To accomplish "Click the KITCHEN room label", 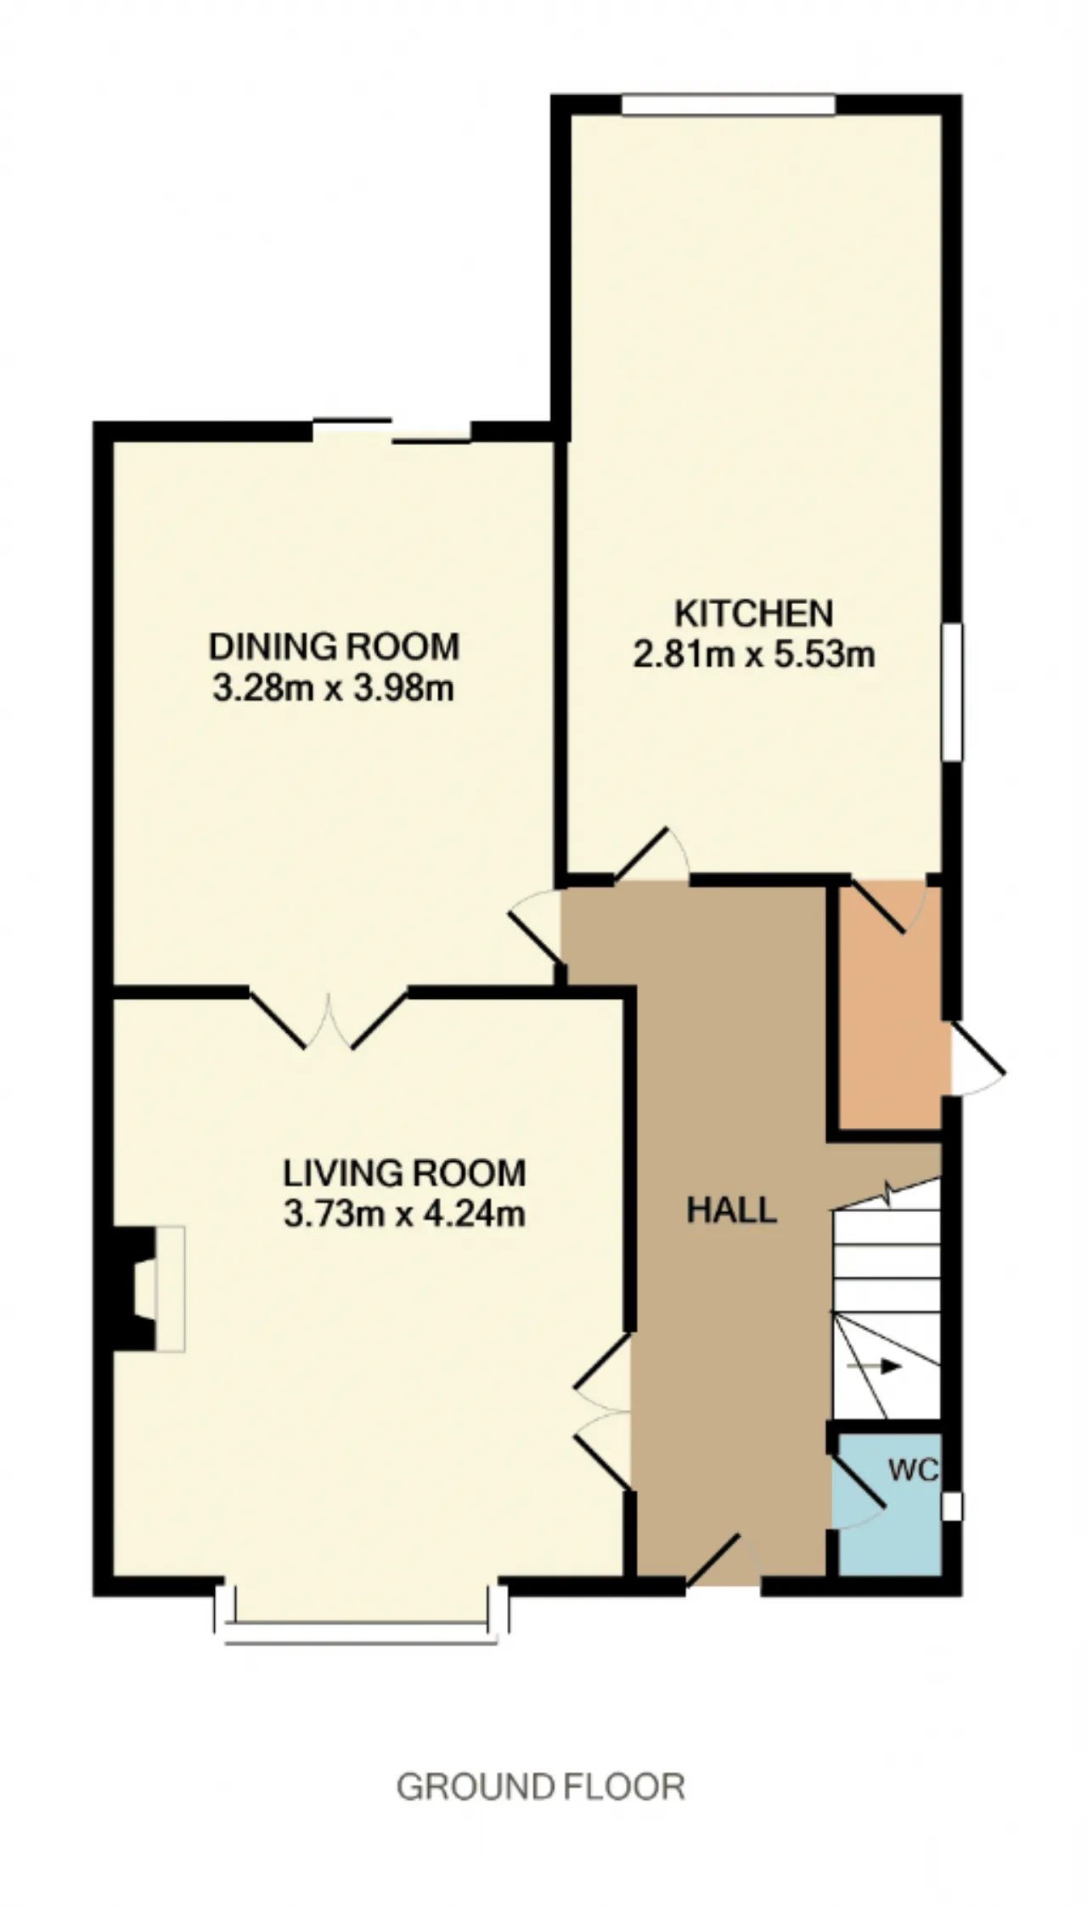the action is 753,612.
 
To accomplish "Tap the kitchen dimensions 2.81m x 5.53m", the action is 753,655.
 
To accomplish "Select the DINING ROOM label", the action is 334,646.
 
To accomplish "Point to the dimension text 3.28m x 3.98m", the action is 333,688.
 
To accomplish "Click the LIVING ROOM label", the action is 404,1173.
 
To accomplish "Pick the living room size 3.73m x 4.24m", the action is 404,1215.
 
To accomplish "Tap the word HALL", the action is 731,1210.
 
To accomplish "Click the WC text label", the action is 913,1470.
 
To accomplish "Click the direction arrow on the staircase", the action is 874,1367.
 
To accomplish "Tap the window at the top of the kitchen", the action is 729,104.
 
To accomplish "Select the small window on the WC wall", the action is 953,1507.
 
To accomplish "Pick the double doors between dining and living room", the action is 328,1018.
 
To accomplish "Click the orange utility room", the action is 890,1007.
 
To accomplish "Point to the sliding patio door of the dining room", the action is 392,430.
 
